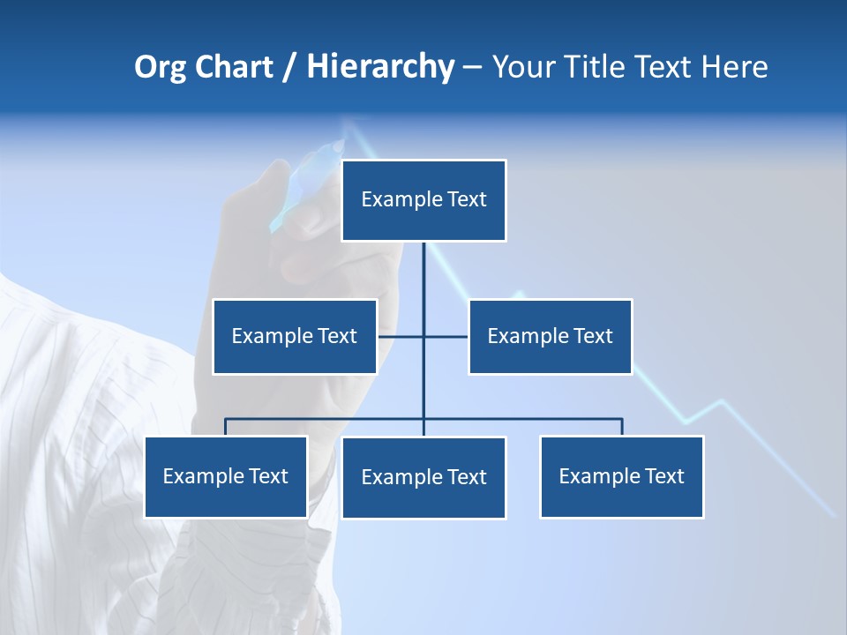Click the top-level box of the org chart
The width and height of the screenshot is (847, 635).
pos(423,200)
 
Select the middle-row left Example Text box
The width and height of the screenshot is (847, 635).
pos(295,336)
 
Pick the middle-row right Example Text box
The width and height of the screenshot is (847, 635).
pos(550,336)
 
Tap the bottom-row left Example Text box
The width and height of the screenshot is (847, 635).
pos(226,476)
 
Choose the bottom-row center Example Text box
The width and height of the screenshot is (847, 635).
pos(423,477)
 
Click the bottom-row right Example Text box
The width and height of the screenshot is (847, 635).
pos(621,476)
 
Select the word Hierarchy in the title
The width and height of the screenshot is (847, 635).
pos(379,67)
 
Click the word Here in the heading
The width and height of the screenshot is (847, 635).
pos(734,67)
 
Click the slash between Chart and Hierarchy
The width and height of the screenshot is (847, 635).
pos(289,67)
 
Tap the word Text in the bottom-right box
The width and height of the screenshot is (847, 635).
pos(664,476)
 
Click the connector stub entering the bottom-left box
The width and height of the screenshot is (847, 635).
pos(226,427)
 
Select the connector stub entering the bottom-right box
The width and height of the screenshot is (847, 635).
pos(621,427)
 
